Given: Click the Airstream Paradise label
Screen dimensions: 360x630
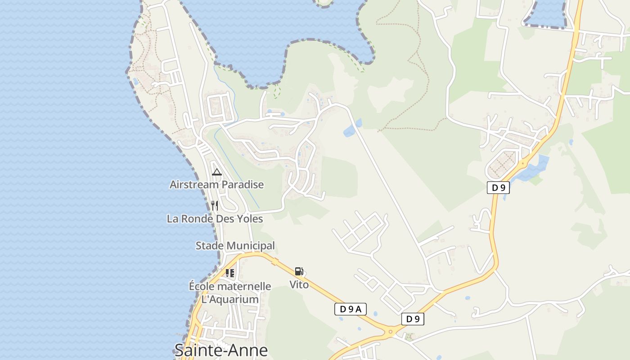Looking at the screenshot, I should tap(216, 184).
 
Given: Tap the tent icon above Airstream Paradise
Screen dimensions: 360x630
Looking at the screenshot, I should tap(217, 172).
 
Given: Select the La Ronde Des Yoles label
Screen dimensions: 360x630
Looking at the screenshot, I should tap(215, 219).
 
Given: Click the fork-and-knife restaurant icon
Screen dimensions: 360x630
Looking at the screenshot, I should tap(215, 206).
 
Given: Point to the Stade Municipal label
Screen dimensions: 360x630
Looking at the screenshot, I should tap(235, 246).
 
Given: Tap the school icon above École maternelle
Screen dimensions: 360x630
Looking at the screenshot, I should tap(230, 273).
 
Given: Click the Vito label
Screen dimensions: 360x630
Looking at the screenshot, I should tap(299, 284).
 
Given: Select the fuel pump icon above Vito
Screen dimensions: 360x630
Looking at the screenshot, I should tap(299, 271).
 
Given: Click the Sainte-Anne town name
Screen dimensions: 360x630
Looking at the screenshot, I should tap(221, 350).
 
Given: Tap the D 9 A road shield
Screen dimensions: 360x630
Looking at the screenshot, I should tap(351, 309).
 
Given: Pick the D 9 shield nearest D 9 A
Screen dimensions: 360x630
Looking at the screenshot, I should tap(413, 319).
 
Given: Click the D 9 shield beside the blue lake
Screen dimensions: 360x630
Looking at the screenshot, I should tap(498, 188).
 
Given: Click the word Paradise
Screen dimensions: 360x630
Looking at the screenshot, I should tap(242, 184).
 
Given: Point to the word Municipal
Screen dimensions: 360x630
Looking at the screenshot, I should tap(253, 246).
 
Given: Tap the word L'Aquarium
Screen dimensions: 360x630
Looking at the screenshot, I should tap(230, 299).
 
